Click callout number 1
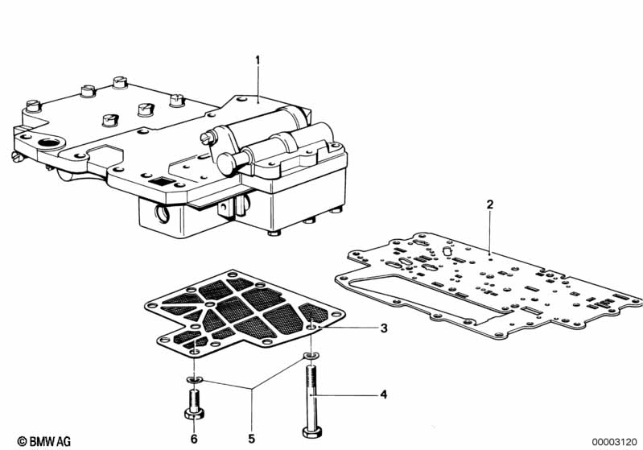tap(258, 60)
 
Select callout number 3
tap(384, 328)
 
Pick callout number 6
tap(193, 438)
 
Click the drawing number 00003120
tap(616, 441)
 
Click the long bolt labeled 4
tap(311, 394)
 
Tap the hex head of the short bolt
tap(193, 413)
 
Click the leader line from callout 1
tap(258, 81)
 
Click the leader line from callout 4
tap(346, 394)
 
